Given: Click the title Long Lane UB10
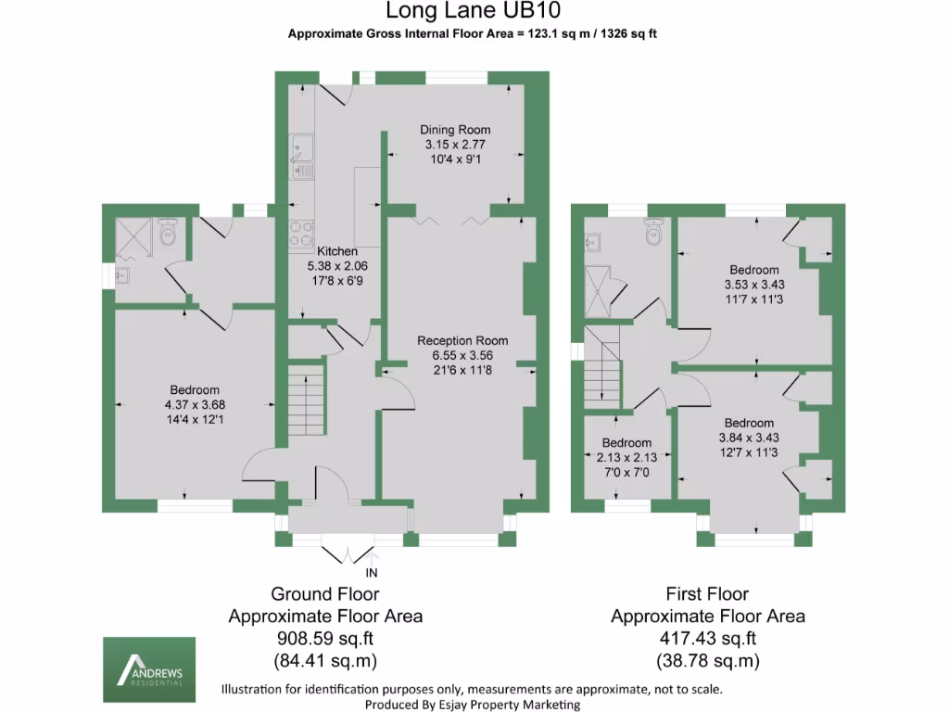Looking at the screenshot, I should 473,11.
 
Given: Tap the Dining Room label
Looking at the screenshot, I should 455,130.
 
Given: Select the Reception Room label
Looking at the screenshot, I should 462,340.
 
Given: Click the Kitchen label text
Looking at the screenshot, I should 336,251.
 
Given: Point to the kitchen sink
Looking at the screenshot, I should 302,156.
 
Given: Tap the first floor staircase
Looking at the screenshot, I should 601,370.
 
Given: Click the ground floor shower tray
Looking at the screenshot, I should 135,236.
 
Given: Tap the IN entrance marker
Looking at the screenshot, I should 373,573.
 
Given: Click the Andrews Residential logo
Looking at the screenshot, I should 148,668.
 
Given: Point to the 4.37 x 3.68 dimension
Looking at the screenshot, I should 195,404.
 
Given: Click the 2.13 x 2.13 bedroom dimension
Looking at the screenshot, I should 626,457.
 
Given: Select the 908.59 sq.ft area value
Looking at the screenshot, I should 325,639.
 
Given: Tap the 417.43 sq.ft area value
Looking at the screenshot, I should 707,639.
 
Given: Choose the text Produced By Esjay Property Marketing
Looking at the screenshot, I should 473,705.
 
